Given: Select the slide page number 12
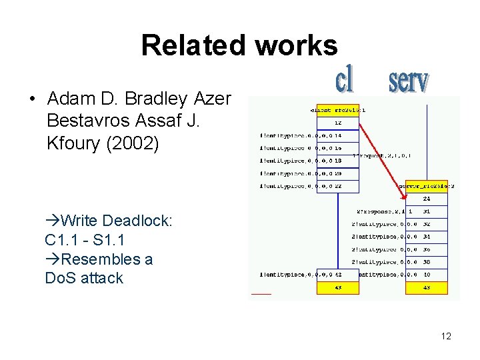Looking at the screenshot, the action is [446, 336].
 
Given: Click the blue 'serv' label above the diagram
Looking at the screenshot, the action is [409, 81].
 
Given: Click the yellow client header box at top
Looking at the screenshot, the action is [337, 110].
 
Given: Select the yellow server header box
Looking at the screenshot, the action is [427, 187].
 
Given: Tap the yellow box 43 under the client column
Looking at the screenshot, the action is [337, 288].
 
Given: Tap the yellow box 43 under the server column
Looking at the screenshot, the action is [427, 288].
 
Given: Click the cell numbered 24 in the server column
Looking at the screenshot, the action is [427, 199].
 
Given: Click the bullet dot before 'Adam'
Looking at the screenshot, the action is [33, 101].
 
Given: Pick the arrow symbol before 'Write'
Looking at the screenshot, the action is [53, 221].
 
